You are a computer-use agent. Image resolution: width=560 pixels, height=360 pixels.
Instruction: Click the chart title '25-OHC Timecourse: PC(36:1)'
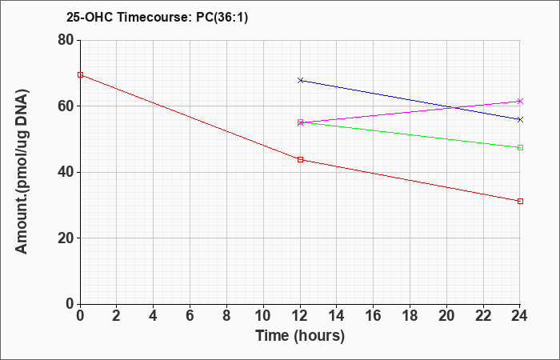click(157, 18)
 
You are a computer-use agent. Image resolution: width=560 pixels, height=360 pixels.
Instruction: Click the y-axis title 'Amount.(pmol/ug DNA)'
click(22, 171)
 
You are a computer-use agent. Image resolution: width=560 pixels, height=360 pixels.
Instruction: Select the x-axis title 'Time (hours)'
click(300, 336)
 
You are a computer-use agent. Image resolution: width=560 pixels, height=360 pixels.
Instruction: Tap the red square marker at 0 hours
click(80, 74)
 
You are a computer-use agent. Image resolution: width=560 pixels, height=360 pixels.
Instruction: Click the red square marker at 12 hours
click(300, 160)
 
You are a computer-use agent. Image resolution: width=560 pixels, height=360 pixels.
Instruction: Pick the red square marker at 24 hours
click(520, 201)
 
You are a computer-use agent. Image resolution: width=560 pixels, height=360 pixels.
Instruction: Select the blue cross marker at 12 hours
click(300, 80)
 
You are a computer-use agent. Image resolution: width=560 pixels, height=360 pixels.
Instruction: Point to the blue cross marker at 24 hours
click(520, 120)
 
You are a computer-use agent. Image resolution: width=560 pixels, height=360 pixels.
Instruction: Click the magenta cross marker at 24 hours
click(520, 102)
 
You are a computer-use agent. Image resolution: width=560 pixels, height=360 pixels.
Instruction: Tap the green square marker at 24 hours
click(520, 147)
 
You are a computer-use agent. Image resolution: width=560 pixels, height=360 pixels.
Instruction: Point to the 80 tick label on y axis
click(66, 40)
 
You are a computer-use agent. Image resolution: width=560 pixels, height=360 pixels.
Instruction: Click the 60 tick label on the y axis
click(66, 106)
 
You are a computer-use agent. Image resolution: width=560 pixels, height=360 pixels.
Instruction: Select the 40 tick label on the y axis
click(66, 172)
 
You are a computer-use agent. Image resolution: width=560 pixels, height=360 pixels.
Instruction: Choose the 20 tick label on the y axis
click(66, 238)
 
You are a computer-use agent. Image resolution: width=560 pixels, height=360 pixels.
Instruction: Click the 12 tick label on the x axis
click(300, 316)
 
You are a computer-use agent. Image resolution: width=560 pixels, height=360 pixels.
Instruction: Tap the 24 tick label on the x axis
click(520, 316)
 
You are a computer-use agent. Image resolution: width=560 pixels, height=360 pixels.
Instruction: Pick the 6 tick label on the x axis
click(190, 316)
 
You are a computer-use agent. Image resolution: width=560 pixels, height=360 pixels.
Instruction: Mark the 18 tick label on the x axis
click(410, 316)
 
